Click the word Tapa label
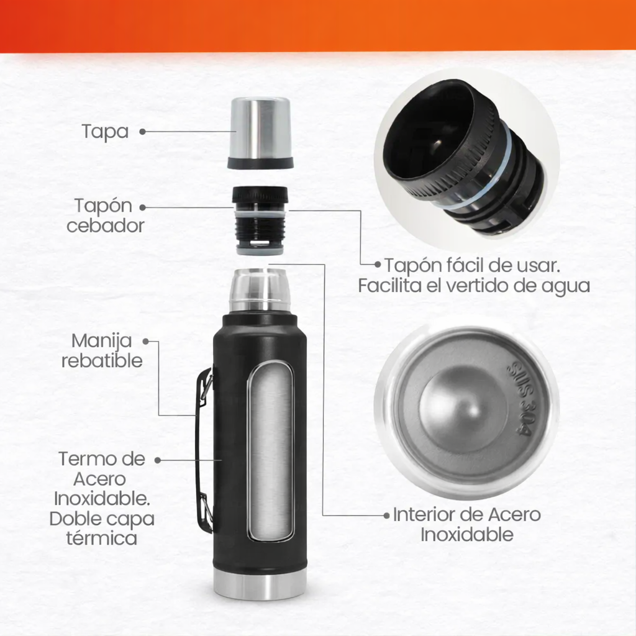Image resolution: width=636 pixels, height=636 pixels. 105,132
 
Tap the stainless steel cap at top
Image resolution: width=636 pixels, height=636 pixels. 260,133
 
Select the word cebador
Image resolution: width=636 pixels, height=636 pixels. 106,226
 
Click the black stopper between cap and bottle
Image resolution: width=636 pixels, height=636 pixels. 260,220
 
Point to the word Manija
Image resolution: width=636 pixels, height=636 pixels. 101,341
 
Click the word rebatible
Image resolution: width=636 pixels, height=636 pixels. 102,361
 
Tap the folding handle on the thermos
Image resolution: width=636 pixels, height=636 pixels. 204,450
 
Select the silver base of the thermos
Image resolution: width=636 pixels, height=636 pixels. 260,585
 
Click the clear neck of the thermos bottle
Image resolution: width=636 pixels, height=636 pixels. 260,290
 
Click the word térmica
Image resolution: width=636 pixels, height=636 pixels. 102,538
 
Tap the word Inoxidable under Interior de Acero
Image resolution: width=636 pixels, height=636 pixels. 467,534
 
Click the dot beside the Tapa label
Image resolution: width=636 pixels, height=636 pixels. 142,132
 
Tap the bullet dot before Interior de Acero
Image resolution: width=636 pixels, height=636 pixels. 386,516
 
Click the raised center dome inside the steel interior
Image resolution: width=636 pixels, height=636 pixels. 465,410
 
